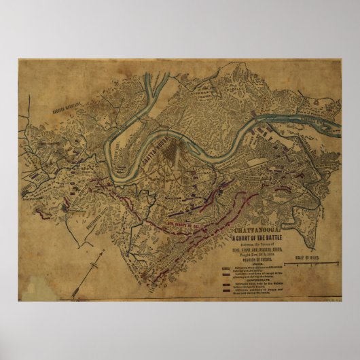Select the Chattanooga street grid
coord(179,153)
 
